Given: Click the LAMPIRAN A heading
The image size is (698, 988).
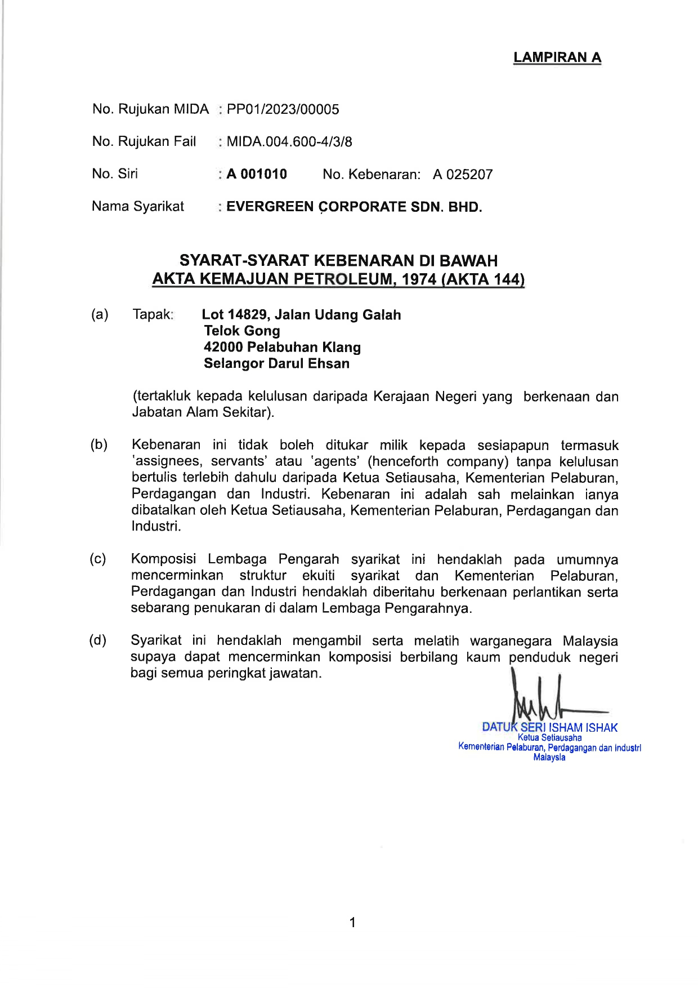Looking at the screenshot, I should click(x=557, y=57).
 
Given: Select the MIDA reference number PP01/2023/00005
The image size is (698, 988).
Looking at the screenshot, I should click(x=283, y=109).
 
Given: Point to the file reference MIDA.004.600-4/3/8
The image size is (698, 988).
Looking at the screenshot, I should click(x=289, y=141).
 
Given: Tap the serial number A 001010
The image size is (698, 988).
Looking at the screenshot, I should click(x=257, y=174).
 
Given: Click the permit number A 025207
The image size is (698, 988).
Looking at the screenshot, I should click(x=463, y=175).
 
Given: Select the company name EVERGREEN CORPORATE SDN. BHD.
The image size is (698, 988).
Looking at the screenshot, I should click(x=354, y=207).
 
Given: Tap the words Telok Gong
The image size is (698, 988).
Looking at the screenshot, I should click(x=242, y=331).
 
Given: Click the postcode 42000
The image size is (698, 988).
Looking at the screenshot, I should click(x=223, y=347).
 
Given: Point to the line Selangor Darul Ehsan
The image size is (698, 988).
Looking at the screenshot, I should click(x=276, y=363).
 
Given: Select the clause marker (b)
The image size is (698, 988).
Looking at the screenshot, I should click(x=99, y=445).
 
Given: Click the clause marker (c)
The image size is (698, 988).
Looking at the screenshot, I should click(x=98, y=559).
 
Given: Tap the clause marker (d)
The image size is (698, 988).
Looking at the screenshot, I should click(x=98, y=640).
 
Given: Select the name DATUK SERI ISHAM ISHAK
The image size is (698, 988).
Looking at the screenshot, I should click(x=549, y=727).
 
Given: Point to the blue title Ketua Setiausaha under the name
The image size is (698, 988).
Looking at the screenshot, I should click(x=549, y=737).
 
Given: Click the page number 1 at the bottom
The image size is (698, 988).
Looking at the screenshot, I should click(x=352, y=922).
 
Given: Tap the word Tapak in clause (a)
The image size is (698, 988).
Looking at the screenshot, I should click(x=152, y=314).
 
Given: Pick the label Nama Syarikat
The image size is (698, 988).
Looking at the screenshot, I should click(x=138, y=206).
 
